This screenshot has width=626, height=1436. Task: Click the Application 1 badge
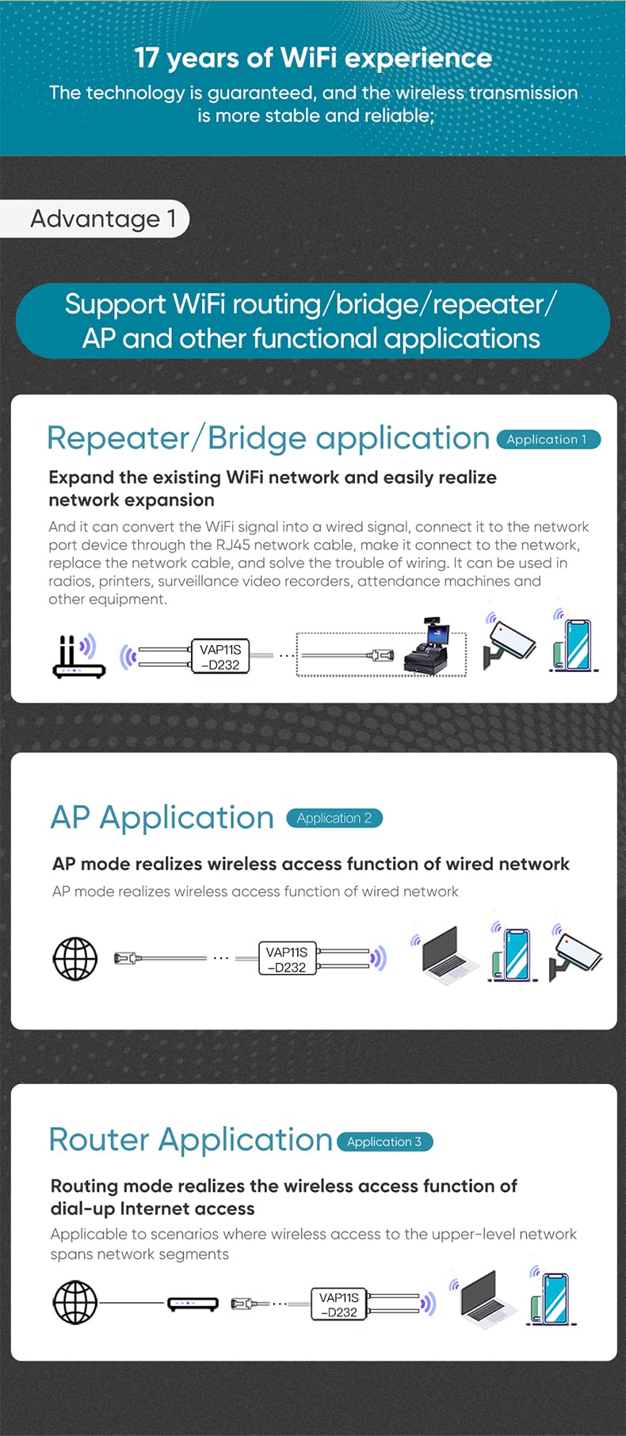click(548, 439)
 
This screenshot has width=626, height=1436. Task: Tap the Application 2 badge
click(334, 818)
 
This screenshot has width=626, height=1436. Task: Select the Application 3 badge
click(384, 1141)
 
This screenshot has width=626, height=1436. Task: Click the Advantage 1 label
click(102, 219)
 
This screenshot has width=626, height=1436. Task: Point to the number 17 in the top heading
click(147, 58)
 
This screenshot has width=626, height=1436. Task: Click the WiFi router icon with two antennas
click(78, 656)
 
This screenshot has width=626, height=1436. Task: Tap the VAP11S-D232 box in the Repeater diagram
click(220, 657)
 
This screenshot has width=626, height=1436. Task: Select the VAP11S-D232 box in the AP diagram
click(287, 959)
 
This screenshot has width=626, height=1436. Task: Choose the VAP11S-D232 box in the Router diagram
click(338, 1304)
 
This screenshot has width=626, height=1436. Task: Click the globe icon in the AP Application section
click(75, 959)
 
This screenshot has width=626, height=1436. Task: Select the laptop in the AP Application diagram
click(449, 954)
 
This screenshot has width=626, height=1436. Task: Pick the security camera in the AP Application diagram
click(578, 953)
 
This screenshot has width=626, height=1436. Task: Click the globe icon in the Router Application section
click(75, 1302)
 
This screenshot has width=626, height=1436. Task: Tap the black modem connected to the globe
click(193, 1304)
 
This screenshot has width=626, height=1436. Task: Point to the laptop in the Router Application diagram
click(484, 1298)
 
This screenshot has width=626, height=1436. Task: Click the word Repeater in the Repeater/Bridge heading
click(118, 438)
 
